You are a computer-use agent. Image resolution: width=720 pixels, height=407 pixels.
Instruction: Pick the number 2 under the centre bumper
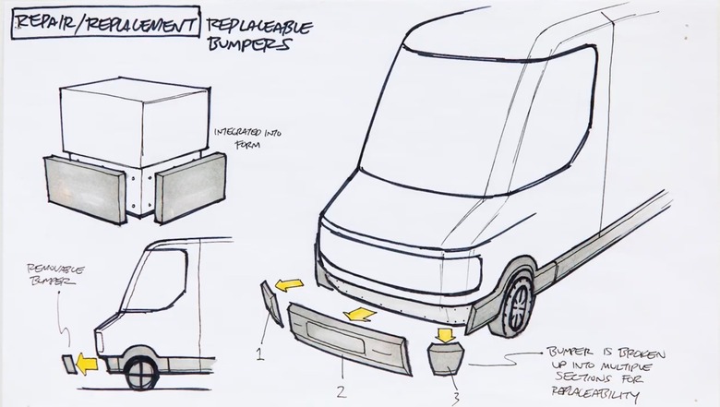(x=342, y=390)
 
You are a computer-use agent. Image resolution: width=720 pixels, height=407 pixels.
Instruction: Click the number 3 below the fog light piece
(x=453, y=398)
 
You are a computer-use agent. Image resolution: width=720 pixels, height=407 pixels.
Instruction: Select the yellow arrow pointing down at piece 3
(x=444, y=333)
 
